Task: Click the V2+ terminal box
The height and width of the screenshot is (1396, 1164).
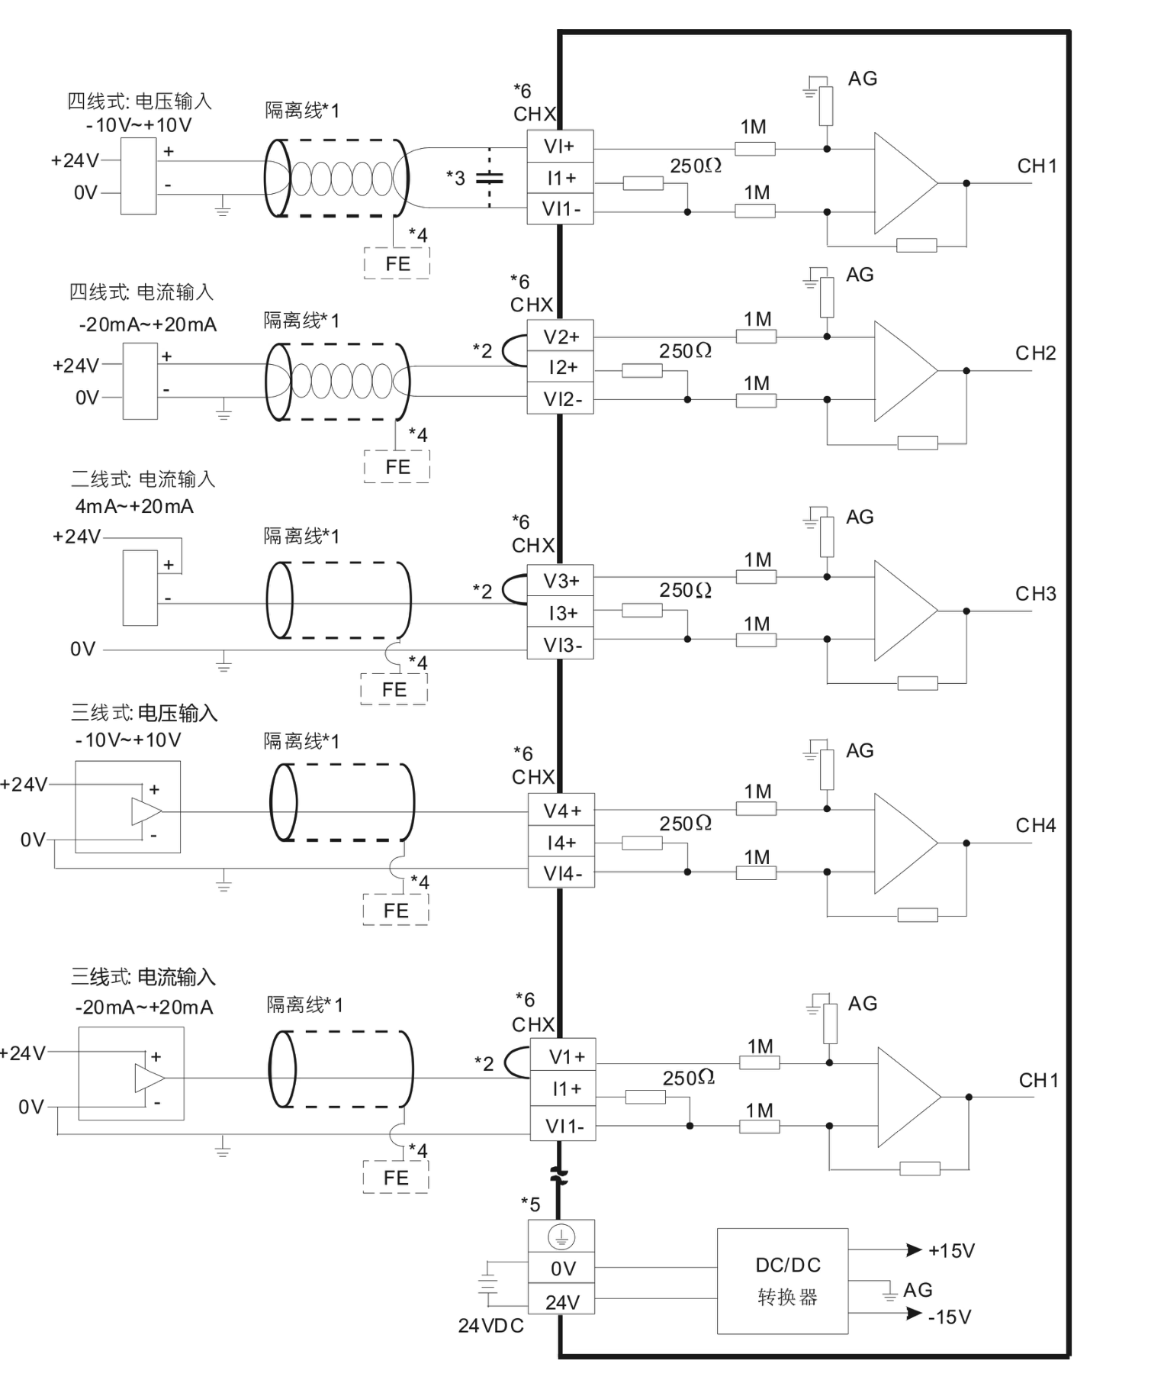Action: click(560, 337)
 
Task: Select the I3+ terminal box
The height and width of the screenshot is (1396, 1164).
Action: click(561, 613)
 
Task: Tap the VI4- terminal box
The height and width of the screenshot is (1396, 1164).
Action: click(561, 873)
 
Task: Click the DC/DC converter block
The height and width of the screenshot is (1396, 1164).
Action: click(782, 1282)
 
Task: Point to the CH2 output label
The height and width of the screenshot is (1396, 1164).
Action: click(1035, 353)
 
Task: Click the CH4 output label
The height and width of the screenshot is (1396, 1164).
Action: click(1035, 825)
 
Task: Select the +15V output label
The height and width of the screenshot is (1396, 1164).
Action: click(951, 1250)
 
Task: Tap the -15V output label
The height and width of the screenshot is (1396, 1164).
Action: click(949, 1317)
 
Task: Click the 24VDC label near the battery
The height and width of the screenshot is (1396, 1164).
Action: click(490, 1326)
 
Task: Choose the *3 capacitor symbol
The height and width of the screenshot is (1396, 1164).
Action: click(489, 179)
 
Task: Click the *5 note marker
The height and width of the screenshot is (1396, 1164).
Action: click(530, 1204)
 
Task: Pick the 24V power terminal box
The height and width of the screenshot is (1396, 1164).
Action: click(561, 1302)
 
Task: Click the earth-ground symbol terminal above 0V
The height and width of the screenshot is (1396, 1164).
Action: click(561, 1236)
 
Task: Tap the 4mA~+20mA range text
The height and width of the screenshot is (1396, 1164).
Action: click(134, 507)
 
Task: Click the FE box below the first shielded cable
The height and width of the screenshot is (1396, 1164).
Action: click(397, 264)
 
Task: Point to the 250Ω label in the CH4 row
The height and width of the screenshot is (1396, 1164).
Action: click(685, 824)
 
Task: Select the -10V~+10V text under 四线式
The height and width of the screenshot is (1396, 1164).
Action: click(139, 125)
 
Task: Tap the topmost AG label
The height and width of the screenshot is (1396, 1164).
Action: click(862, 79)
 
